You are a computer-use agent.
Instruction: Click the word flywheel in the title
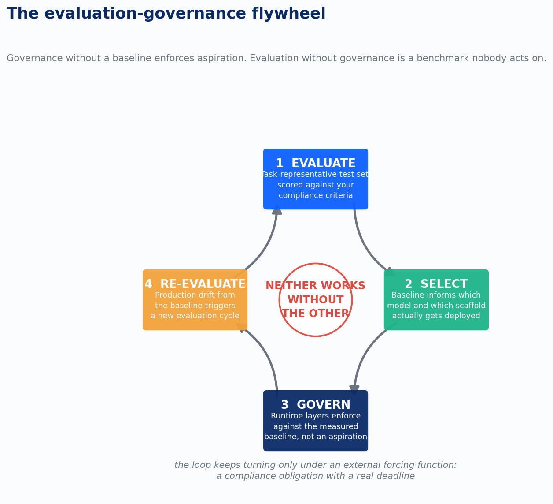coord(288,14)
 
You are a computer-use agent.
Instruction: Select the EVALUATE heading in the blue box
coord(323,163)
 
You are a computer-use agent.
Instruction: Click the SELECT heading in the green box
coord(444,284)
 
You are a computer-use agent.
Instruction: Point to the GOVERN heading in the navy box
coord(324,405)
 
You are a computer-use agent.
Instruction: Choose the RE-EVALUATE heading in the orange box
coord(203,284)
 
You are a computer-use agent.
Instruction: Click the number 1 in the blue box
coord(280,163)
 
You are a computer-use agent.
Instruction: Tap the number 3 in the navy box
coord(285,405)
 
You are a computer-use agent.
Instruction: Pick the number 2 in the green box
coord(409,284)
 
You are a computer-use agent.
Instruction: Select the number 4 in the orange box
coord(148,284)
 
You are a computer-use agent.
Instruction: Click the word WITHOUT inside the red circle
coord(316,300)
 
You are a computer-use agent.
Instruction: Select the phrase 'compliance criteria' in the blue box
coord(316,195)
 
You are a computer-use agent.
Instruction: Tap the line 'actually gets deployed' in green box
coord(436,316)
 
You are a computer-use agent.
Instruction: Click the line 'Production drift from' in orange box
coord(195,295)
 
